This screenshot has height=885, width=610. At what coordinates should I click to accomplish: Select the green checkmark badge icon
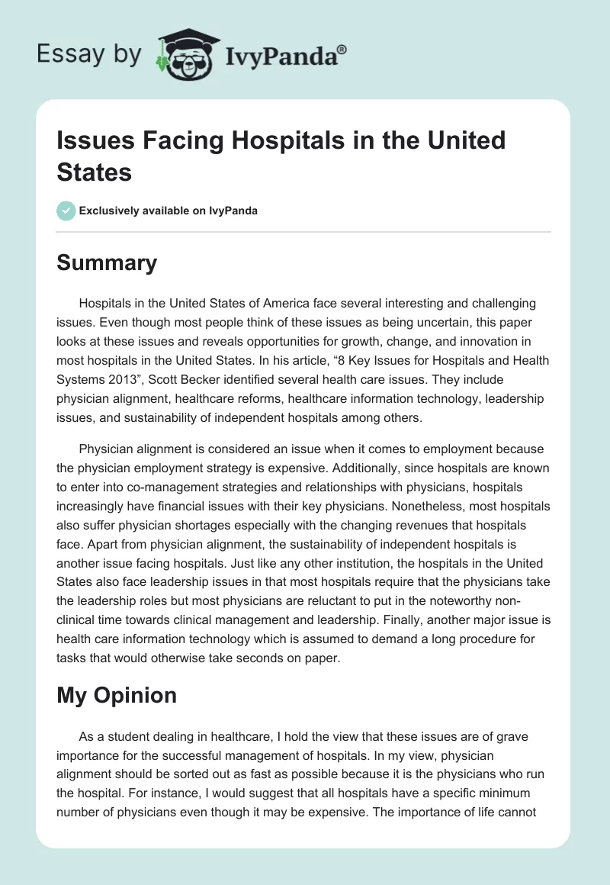[66, 211]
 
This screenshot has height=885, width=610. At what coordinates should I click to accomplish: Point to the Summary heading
[107, 263]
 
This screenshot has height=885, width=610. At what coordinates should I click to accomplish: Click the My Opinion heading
[117, 695]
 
